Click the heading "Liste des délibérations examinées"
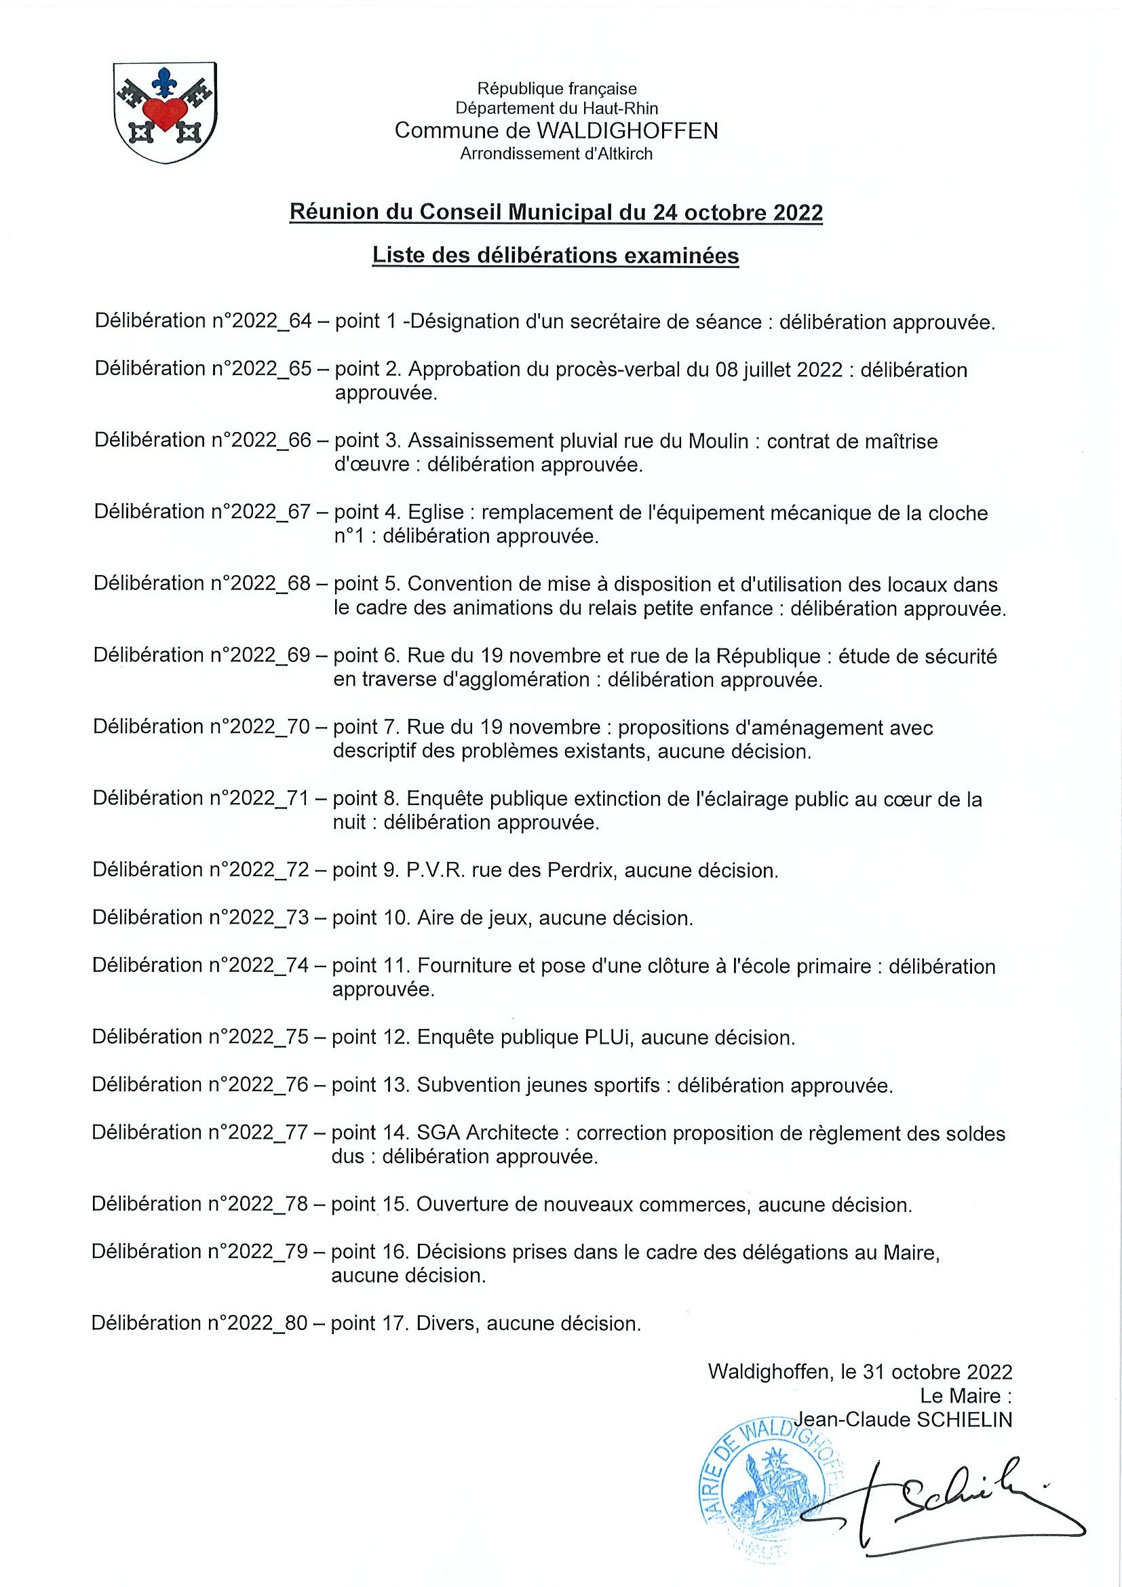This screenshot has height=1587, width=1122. pyautogui.click(x=556, y=256)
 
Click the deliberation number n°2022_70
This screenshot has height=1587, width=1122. pyautogui.click(x=260, y=726)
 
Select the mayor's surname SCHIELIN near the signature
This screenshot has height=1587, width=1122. pyautogui.click(x=964, y=1419)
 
